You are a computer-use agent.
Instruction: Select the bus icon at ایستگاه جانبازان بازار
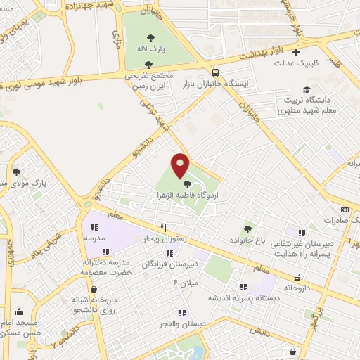pos(214,72)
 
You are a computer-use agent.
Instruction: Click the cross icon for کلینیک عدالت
pos(297,52)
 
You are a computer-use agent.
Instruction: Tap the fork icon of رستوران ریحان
pos(163,228)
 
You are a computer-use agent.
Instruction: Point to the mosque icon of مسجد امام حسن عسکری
pos(19,311)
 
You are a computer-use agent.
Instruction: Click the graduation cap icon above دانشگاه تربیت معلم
pos(307,89)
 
